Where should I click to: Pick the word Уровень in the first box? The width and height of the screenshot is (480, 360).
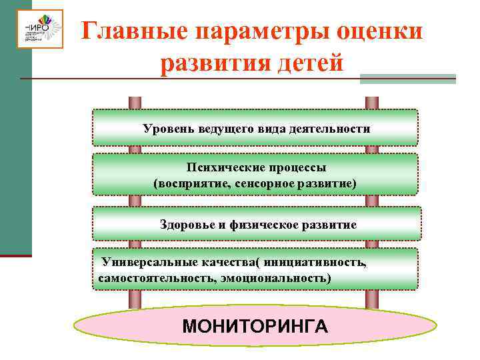[x=168, y=127]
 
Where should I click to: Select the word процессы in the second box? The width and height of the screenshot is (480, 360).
[x=290, y=168]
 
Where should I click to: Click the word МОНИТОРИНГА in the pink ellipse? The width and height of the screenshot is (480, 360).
[x=255, y=327]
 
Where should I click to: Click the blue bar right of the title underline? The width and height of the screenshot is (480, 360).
[x=407, y=79]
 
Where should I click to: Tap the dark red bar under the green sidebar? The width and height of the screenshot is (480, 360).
[x=16, y=255]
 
